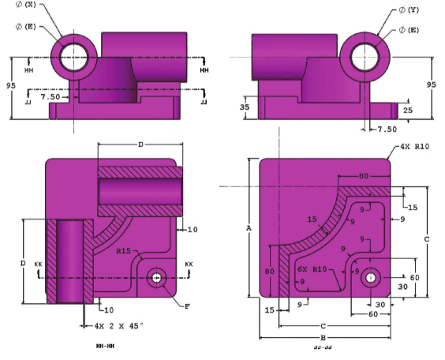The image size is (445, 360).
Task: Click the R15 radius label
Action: click(x=122, y=251)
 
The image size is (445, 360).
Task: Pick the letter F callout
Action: click(x=186, y=305)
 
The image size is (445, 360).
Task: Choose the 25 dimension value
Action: click(x=407, y=110)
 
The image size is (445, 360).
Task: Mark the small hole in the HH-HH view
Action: click(x=157, y=278)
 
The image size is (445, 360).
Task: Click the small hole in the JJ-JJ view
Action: click(x=369, y=277)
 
